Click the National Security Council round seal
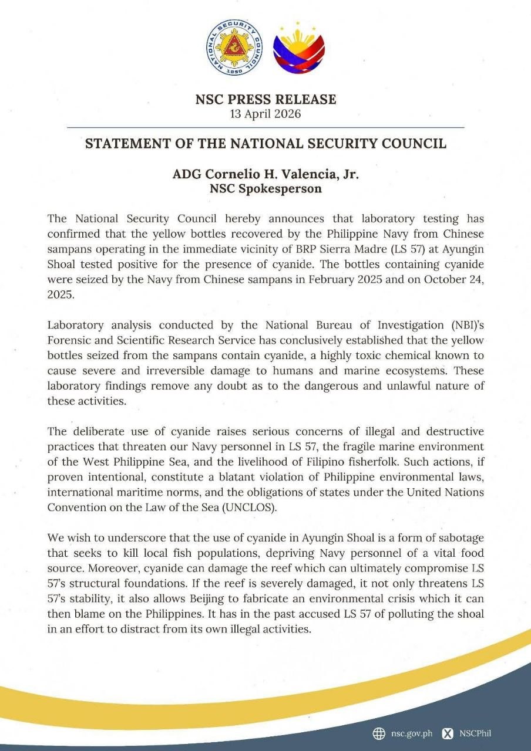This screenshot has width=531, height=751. (234, 47)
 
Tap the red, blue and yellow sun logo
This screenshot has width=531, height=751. (300, 48)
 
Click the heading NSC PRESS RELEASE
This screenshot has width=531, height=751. (265, 99)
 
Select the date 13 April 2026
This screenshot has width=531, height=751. (265, 114)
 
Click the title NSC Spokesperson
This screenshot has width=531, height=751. (265, 189)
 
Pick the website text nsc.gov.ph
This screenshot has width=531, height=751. (411, 733)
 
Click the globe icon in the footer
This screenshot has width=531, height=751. (379, 733)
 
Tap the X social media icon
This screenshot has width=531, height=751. (448, 733)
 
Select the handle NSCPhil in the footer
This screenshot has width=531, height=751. (475, 733)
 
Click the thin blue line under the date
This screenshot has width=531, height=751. (265, 127)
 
